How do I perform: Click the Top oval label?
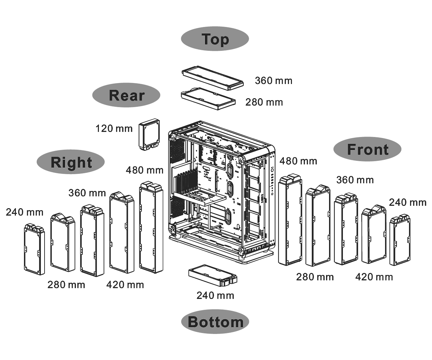click(215, 39)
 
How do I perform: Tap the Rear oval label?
click(126, 95)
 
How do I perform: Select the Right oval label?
click(71, 162)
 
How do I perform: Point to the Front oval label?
click(368, 149)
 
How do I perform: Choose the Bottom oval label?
click(215, 322)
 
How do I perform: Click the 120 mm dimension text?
click(114, 129)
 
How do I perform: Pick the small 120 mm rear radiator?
click(149, 135)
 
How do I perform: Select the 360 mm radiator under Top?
click(213, 78)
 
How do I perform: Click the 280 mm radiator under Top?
click(208, 99)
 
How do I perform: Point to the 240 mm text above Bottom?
click(215, 296)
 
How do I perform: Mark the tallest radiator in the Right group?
click(151, 227)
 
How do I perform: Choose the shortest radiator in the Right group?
click(34, 249)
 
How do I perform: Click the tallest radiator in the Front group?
click(290, 220)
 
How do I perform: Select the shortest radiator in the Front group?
click(400, 240)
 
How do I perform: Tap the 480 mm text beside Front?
click(298, 161)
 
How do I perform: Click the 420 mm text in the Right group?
click(125, 285)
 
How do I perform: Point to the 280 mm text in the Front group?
click(315, 277)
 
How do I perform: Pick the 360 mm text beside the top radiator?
click(273, 81)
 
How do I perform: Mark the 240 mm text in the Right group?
click(24, 212)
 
